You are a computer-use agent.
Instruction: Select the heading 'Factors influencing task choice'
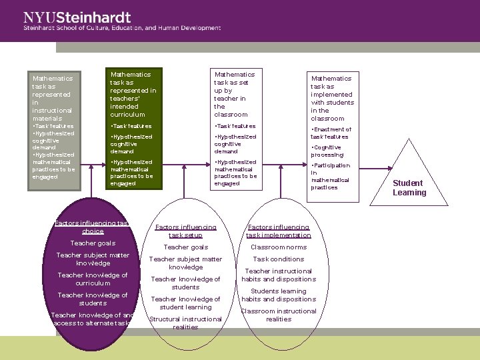[x=93, y=227]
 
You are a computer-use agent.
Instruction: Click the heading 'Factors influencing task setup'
[x=185, y=231]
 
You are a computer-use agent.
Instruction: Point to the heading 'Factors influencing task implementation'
[x=279, y=231]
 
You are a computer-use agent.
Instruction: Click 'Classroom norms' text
[x=279, y=247]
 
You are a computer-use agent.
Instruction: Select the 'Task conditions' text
[x=279, y=259]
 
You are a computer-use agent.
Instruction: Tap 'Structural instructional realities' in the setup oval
[x=185, y=323]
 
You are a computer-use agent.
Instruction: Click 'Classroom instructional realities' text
[x=279, y=315]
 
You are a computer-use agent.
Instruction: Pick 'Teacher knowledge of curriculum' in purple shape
[x=93, y=279]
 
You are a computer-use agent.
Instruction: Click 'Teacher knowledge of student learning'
[x=185, y=303]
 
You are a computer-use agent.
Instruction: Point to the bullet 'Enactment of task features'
[x=331, y=133]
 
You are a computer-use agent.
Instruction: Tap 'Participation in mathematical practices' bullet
[x=331, y=176]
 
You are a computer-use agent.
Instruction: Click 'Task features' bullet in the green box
[x=131, y=126]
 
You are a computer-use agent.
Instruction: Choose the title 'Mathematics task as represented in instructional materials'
[x=53, y=98]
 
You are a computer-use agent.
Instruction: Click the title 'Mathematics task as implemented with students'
[x=332, y=98]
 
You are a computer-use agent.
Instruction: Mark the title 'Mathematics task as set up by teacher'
[x=233, y=94]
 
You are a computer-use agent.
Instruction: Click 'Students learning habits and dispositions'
[x=279, y=295]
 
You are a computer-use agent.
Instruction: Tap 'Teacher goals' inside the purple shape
[x=93, y=243]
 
